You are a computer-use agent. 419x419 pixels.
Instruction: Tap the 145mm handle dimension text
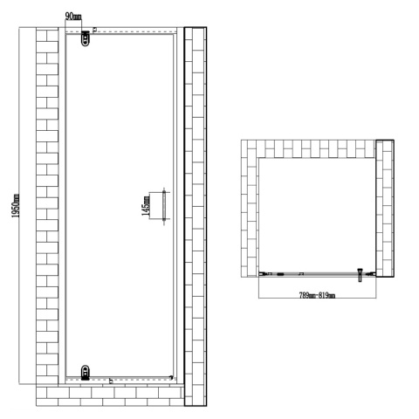[148, 206]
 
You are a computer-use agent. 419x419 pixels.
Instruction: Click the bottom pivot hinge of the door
[85, 372]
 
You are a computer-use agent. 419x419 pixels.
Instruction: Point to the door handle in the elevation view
[163, 207]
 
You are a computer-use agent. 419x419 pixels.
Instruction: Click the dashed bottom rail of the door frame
[131, 377]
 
